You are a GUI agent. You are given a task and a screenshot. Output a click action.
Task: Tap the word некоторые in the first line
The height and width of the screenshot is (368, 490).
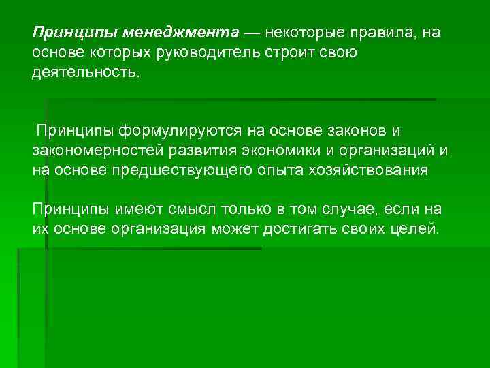click(303, 33)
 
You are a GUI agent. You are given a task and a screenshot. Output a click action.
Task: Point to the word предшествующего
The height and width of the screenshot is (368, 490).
click(183, 170)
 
